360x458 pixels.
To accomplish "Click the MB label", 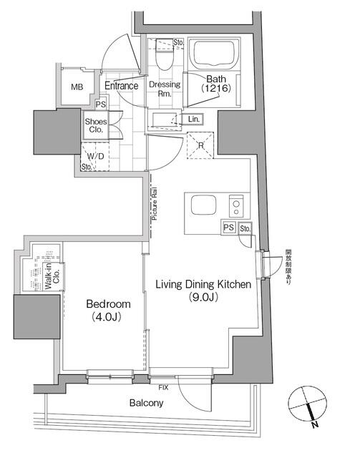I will click(x=76, y=87).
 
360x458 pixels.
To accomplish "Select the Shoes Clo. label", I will click(x=96, y=126).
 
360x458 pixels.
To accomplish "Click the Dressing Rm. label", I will click(x=164, y=89).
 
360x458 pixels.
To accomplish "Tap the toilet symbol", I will click(x=162, y=57).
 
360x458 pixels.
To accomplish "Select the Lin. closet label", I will click(x=194, y=119).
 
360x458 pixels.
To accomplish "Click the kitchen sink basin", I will click(x=201, y=207).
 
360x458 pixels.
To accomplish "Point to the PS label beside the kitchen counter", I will click(x=228, y=228).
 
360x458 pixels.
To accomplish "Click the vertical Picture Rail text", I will click(x=154, y=206).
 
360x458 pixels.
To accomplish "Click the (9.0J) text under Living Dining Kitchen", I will click(x=204, y=298).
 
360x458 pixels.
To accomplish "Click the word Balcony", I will click(x=146, y=403).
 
